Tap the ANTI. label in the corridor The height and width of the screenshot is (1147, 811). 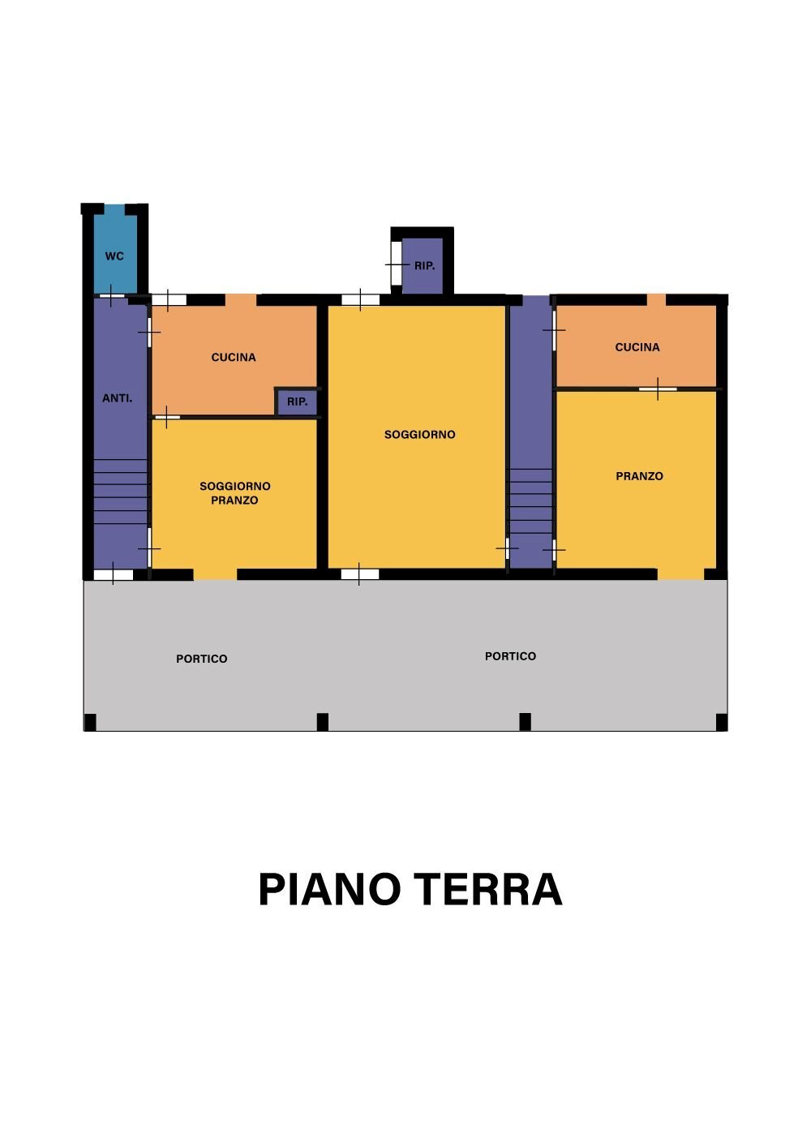coord(118,398)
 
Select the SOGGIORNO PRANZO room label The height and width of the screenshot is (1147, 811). coord(234,493)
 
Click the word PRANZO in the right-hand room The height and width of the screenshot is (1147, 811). coord(639,476)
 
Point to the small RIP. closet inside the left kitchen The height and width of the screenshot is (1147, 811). coord(297,402)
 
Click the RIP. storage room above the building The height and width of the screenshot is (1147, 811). coord(423,266)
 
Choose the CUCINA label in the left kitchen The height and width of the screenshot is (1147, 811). coord(234,357)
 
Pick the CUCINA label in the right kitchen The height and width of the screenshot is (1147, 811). coord(637,347)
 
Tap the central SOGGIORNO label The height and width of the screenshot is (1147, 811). coord(419,435)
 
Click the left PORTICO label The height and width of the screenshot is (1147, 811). coord(202,659)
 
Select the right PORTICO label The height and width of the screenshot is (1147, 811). coord(510,656)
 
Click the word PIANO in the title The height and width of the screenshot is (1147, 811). coord(329,890)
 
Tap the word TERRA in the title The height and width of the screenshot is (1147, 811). coord(487,890)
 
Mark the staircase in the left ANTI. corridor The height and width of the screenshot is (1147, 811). coord(120,492)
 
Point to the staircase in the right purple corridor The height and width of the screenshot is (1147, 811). coord(530,500)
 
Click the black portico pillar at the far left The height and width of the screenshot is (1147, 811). coord(90,722)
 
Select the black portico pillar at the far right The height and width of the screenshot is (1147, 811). coord(722,722)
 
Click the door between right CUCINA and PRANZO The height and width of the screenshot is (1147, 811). coord(657,389)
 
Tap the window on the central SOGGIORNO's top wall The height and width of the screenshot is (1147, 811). coord(360,300)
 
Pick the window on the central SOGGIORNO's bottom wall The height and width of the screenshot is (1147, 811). coord(359,574)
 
